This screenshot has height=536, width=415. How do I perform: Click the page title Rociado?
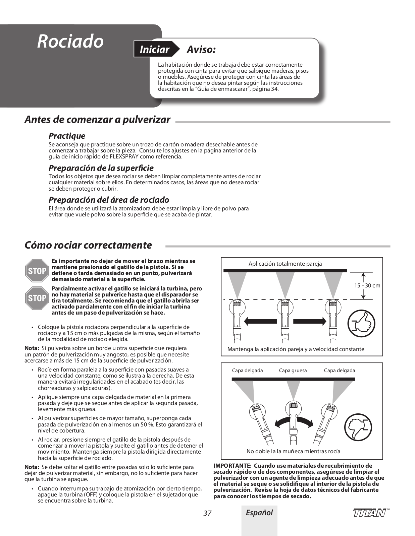[x=70, y=41]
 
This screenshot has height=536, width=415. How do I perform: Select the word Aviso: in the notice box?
[x=201, y=50]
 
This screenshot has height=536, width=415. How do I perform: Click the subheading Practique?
[x=67, y=136]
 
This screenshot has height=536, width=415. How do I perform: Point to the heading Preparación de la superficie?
[x=101, y=168]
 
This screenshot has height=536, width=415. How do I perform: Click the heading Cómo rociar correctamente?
[x=88, y=245]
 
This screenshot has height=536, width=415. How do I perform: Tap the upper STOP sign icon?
[x=37, y=271]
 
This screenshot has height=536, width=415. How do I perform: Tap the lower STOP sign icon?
[x=37, y=298]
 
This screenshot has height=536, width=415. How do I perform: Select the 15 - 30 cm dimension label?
[x=367, y=285]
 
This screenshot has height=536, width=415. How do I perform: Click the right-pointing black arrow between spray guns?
[x=309, y=321]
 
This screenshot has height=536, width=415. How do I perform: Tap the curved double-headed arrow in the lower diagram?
[x=294, y=422]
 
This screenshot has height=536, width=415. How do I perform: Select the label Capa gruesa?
[x=293, y=371]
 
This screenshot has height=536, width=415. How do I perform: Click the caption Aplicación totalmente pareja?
[x=285, y=264]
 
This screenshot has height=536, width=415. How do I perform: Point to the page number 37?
[x=207, y=513]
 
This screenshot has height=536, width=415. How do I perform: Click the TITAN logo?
[x=369, y=513]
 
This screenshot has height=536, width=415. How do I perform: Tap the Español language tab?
[x=259, y=513]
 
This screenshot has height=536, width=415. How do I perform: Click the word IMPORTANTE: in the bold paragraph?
[x=232, y=465]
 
